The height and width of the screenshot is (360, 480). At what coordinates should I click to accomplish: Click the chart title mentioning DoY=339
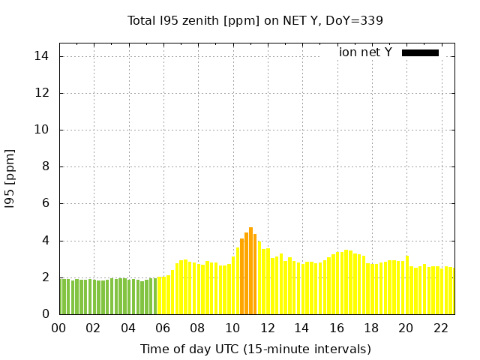click(x=255, y=20)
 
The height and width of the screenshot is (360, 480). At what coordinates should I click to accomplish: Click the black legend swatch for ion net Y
click(x=420, y=52)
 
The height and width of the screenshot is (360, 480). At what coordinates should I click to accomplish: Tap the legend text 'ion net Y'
click(x=365, y=52)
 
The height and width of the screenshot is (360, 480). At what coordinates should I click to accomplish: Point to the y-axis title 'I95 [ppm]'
click(x=10, y=178)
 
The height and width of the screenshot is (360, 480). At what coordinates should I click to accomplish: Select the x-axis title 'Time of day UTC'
click(x=255, y=349)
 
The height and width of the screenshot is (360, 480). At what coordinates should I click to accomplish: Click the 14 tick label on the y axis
click(x=42, y=56)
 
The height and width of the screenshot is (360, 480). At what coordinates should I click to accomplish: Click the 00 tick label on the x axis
click(x=58, y=328)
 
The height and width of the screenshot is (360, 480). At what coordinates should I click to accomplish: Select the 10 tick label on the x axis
click(x=232, y=328)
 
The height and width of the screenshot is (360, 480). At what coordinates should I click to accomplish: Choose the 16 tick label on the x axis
click(x=337, y=328)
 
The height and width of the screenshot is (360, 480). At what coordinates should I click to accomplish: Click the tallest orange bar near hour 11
click(x=250, y=271)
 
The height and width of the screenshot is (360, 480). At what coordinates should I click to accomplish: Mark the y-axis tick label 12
click(x=42, y=93)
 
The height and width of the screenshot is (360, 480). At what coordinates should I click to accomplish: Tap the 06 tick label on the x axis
click(x=163, y=328)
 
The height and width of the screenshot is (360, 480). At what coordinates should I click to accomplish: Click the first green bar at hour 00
click(x=61, y=296)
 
